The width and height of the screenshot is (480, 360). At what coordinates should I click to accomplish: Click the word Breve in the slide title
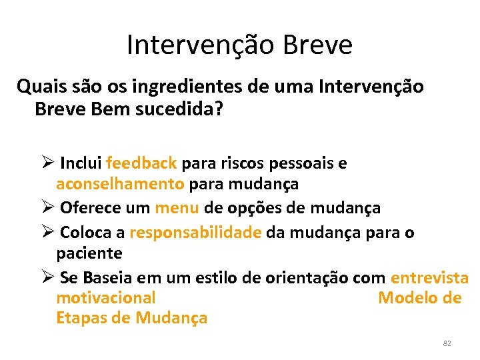(x=317, y=45)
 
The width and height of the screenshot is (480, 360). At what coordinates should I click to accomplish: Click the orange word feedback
(x=141, y=163)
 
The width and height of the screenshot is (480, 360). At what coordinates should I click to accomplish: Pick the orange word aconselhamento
(x=120, y=183)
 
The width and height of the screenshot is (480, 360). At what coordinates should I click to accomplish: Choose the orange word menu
(x=177, y=208)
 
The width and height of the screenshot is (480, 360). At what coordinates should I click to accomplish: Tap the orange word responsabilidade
(x=195, y=233)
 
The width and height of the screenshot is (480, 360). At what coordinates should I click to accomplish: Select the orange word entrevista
(x=429, y=277)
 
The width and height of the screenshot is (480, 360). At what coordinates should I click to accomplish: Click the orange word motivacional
(x=106, y=297)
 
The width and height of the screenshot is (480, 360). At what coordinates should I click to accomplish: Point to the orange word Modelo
(x=408, y=297)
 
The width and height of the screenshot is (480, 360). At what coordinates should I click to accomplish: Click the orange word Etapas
(x=83, y=318)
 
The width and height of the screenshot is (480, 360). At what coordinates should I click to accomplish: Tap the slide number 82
(x=447, y=343)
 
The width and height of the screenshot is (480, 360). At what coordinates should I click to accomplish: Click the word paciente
(x=89, y=253)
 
